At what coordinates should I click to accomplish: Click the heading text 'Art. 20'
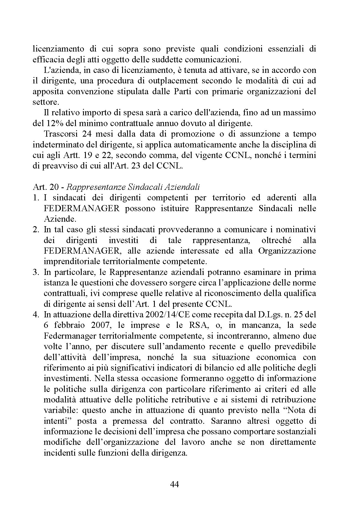(x=45, y=187)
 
